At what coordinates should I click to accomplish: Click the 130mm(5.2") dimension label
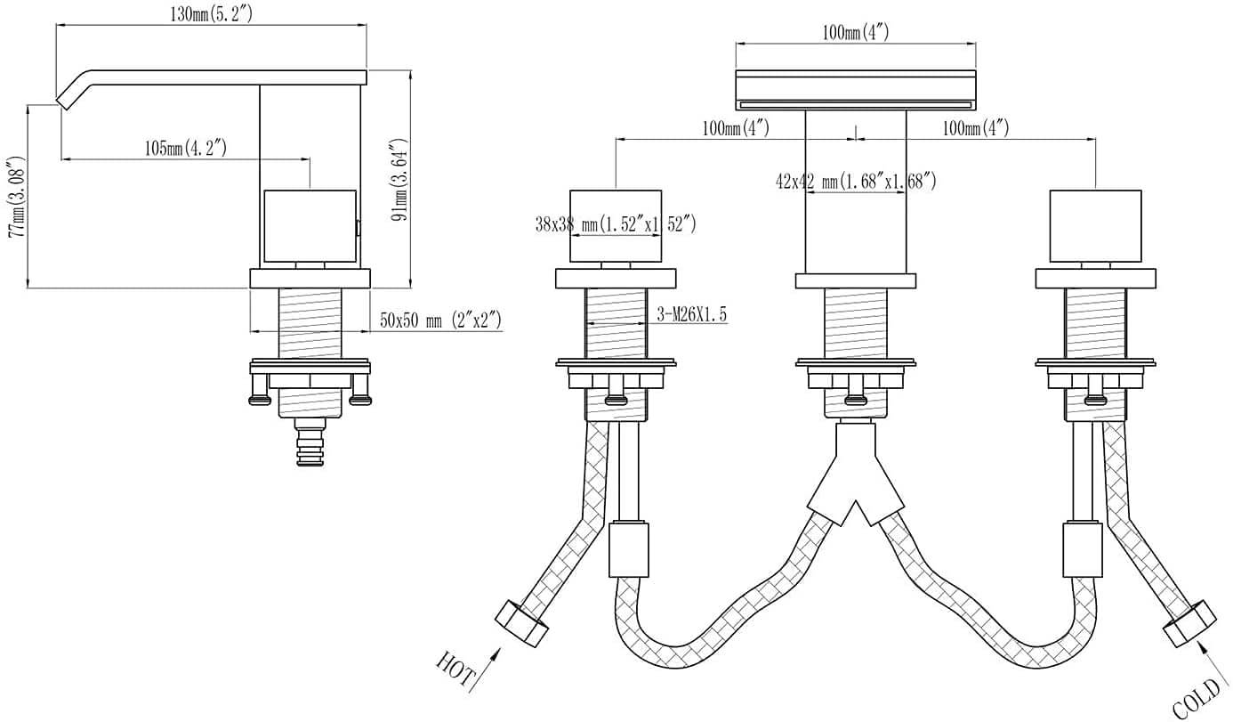point(212,14)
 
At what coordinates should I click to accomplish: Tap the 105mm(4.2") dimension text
point(186,148)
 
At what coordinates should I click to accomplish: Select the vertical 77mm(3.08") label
point(17,197)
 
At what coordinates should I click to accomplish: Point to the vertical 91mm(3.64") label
point(399,180)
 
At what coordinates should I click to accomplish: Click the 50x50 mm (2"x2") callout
point(440,320)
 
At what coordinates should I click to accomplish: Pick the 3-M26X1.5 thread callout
point(692,314)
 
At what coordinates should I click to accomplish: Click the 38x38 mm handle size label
point(616,223)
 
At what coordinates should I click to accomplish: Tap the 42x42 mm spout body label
point(856,181)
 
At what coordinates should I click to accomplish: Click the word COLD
point(1197,698)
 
